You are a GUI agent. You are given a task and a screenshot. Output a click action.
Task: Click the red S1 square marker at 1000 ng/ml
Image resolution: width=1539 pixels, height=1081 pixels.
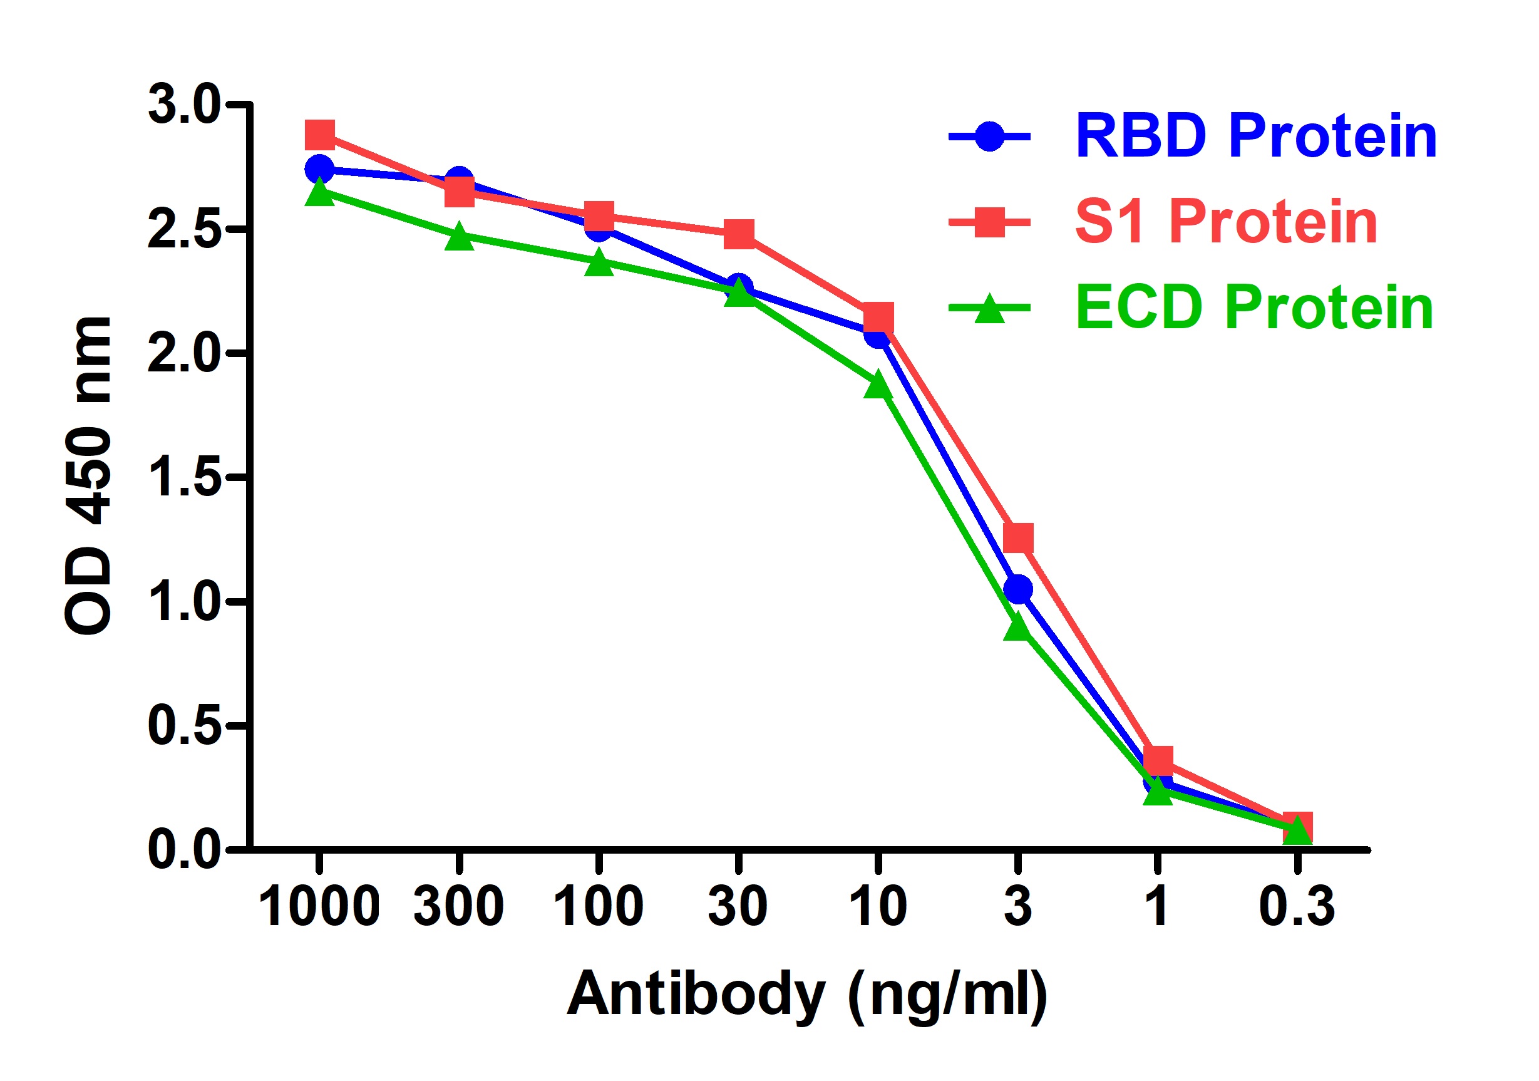pyautogui.click(x=320, y=135)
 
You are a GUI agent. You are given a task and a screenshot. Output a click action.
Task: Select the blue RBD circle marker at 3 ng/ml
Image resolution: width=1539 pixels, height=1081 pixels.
pyautogui.click(x=1017, y=589)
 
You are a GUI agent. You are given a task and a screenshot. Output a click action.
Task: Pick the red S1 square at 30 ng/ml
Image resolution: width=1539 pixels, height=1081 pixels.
pyautogui.click(x=739, y=234)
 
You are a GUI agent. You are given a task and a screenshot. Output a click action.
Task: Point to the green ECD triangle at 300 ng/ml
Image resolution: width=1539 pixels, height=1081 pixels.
pyautogui.click(x=459, y=237)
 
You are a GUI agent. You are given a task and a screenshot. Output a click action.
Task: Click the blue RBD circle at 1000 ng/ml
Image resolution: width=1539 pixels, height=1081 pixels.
pyautogui.click(x=319, y=169)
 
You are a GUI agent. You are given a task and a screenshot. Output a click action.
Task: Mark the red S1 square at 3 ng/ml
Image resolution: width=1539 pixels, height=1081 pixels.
pyautogui.click(x=1017, y=537)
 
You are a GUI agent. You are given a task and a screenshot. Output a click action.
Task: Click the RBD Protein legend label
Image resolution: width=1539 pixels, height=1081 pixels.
pyautogui.click(x=1255, y=136)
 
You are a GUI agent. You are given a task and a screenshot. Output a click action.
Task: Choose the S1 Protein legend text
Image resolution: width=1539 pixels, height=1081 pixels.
pyautogui.click(x=1226, y=222)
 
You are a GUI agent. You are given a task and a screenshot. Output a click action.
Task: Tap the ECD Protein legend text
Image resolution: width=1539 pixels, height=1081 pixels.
pyautogui.click(x=1253, y=308)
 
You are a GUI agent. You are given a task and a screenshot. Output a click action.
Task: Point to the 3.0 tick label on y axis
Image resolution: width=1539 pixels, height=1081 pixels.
pyautogui.click(x=183, y=105)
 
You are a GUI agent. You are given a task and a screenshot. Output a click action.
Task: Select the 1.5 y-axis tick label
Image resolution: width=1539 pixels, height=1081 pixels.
pyautogui.click(x=183, y=477)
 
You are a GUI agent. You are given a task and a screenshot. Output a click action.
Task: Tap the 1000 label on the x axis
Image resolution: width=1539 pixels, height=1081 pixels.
pyautogui.click(x=319, y=907)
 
